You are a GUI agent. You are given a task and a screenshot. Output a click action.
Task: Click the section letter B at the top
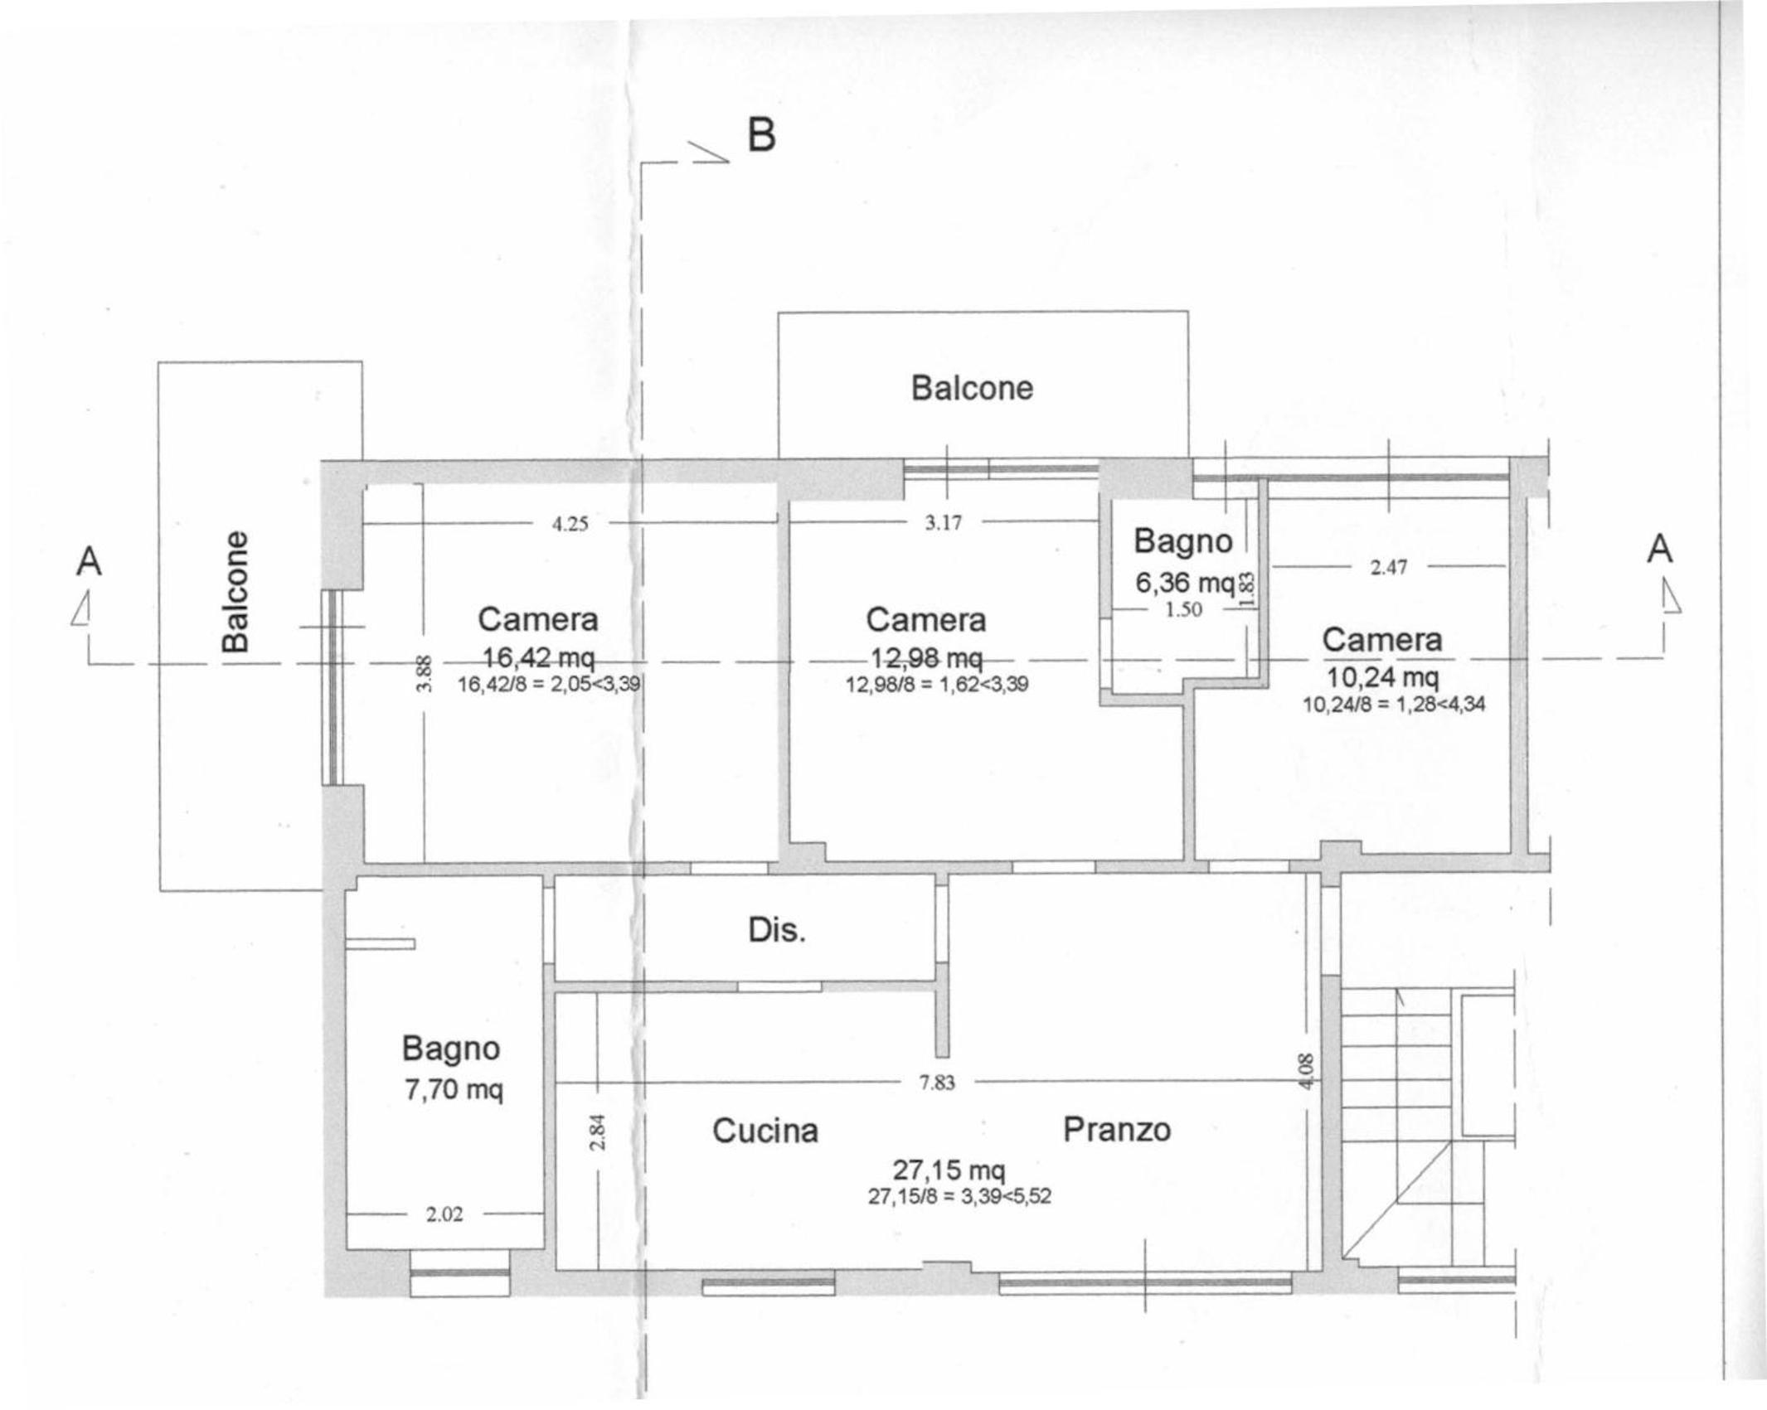coord(761,134)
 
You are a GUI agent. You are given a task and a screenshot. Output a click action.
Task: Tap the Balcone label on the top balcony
coord(972,388)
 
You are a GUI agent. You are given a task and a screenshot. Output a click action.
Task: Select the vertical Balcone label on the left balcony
coord(235,591)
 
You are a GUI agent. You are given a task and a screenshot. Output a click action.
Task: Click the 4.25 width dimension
coord(570,524)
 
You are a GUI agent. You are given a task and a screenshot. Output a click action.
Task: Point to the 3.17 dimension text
coord(944,522)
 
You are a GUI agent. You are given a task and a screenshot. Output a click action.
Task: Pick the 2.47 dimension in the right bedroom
coord(1389,567)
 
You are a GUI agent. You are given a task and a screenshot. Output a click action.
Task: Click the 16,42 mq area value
coord(538,658)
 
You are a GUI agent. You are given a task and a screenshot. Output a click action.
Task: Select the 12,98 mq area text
coord(926,658)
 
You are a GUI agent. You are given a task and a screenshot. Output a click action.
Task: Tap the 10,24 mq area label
coord(1382,677)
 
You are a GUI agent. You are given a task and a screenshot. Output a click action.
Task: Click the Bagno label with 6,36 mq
coord(1182,541)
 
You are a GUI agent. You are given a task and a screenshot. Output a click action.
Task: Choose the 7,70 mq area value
coord(454,1088)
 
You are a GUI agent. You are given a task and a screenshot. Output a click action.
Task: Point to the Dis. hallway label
coord(777,930)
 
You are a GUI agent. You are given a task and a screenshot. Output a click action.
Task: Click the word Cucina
coord(765,1131)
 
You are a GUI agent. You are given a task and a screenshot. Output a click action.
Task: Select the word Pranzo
coord(1117,1129)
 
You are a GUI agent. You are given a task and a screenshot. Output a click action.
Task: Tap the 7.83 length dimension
coord(937,1083)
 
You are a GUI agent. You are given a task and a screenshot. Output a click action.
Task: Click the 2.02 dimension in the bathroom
coord(444,1214)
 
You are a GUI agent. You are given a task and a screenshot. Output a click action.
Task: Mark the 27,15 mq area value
coord(949,1170)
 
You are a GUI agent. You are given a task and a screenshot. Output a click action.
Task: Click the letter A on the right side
coord(1659,549)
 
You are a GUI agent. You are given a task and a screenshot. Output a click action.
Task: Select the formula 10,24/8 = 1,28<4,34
coord(1395,705)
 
